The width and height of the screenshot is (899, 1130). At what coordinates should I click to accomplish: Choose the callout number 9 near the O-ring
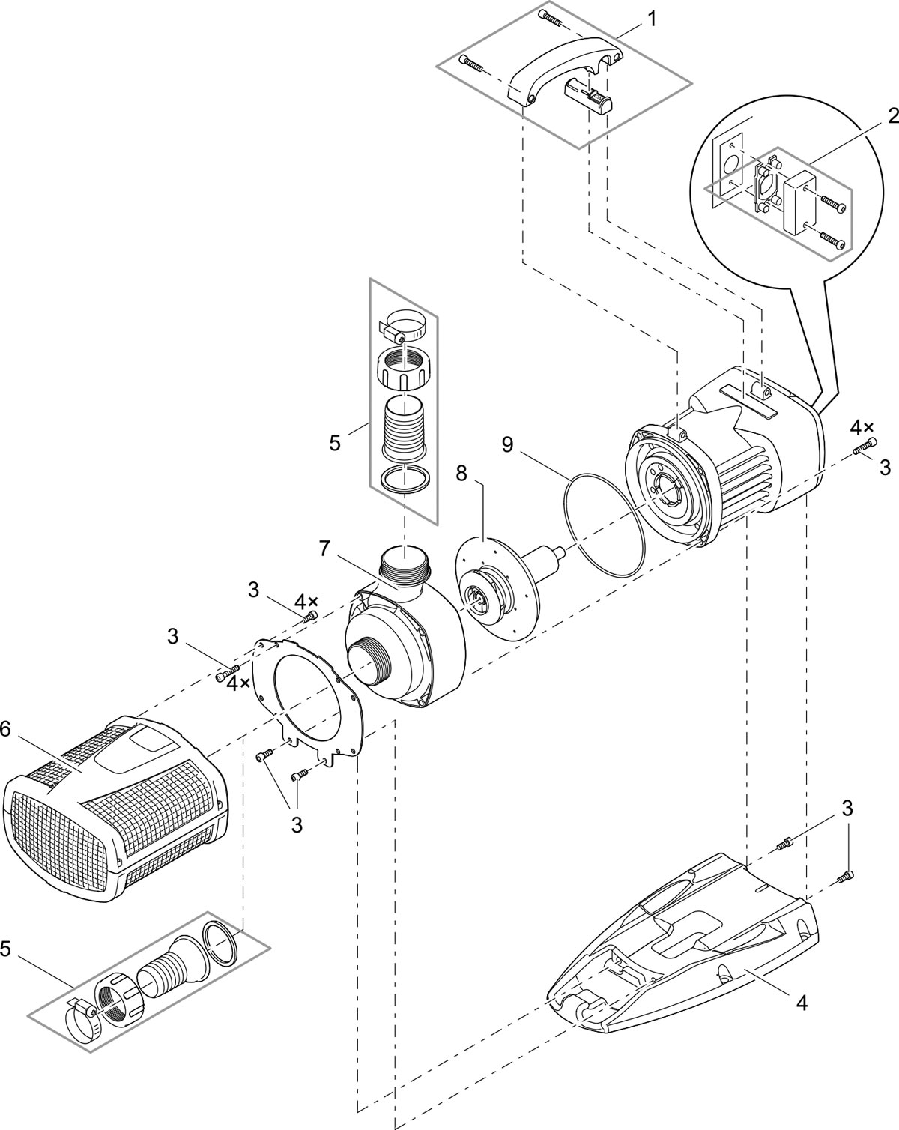[x=508, y=444]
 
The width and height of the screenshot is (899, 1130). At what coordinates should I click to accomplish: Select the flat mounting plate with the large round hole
[x=307, y=697]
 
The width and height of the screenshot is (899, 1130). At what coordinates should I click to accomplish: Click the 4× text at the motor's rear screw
[x=862, y=428]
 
